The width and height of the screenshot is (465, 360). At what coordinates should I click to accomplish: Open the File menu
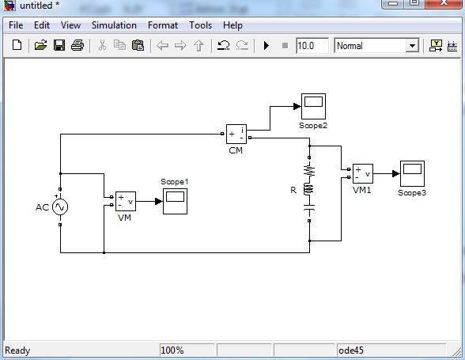tap(16, 25)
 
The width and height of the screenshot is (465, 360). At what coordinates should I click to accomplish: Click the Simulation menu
tap(114, 25)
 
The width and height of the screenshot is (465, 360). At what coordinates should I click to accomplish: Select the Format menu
tap(162, 25)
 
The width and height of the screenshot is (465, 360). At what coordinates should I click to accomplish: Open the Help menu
tap(232, 25)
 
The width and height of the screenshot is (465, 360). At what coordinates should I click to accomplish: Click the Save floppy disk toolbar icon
tap(59, 46)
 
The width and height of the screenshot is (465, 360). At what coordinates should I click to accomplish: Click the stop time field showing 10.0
tap(312, 46)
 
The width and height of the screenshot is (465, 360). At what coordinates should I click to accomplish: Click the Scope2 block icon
tap(312, 105)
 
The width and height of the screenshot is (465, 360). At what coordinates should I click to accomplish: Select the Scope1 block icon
tap(175, 201)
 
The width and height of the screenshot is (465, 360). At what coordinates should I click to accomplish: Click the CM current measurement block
tap(236, 134)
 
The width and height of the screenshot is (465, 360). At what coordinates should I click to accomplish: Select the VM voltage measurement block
tap(125, 201)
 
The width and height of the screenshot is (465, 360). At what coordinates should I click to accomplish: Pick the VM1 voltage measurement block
tap(362, 173)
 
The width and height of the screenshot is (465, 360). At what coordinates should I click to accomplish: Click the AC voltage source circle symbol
tap(60, 207)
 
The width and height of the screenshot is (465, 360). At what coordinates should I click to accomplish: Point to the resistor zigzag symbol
tap(309, 169)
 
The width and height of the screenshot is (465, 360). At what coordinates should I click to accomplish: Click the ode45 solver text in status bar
tap(352, 350)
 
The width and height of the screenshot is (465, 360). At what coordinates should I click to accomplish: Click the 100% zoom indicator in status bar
tap(172, 350)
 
